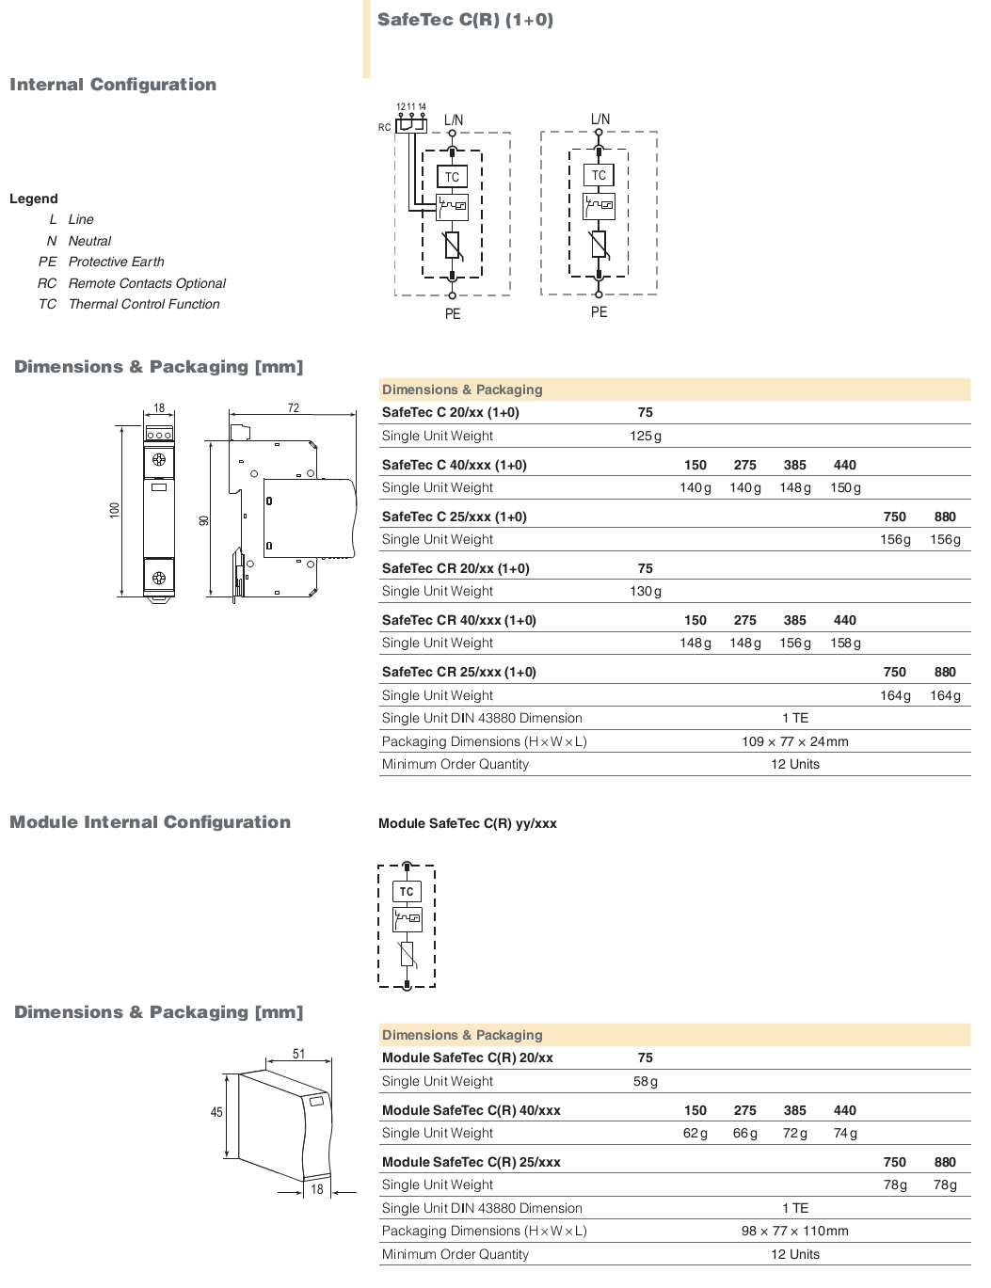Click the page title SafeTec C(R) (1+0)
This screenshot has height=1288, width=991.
point(465,20)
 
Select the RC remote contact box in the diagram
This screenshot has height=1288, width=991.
point(410,126)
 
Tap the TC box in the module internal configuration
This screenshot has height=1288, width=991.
point(407,892)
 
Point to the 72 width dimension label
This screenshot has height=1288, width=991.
point(294,407)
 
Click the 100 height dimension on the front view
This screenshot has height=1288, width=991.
point(115,510)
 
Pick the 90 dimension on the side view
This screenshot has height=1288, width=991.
point(204,520)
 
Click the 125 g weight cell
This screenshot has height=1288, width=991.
point(646,437)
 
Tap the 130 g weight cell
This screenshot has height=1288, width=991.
point(646,592)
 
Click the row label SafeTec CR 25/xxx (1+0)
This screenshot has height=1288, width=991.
point(458,672)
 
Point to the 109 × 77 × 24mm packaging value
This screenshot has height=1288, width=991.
point(795,741)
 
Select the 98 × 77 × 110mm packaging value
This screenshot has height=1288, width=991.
point(795,1232)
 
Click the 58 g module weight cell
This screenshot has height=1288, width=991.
point(646,1082)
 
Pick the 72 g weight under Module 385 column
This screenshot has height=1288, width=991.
point(795,1134)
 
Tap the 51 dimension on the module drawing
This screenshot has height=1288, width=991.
point(298,1054)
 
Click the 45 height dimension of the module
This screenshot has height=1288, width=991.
point(217,1113)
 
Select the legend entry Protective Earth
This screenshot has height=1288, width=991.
point(116,262)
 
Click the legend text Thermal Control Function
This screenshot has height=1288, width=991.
point(144,304)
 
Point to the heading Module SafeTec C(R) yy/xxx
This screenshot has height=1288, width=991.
point(468,824)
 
